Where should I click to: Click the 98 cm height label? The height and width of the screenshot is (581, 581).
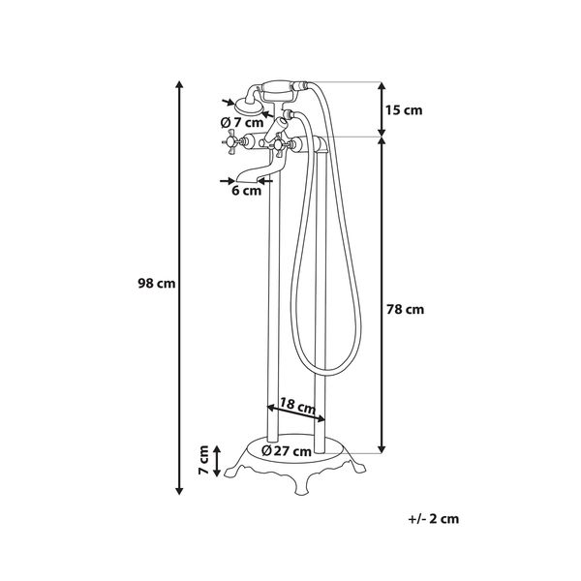156,284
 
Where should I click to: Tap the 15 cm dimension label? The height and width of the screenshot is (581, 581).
404,110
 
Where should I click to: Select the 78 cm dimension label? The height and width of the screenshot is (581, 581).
405,309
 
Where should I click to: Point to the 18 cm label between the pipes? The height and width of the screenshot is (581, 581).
297,405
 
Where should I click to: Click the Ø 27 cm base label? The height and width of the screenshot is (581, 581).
286,451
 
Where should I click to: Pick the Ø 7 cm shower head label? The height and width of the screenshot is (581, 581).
242,122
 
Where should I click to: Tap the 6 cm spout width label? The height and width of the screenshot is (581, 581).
246,191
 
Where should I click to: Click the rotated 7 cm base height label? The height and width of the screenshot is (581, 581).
203,460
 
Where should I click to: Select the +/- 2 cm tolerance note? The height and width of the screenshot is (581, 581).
433,518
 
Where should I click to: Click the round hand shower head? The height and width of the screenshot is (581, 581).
248,106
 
